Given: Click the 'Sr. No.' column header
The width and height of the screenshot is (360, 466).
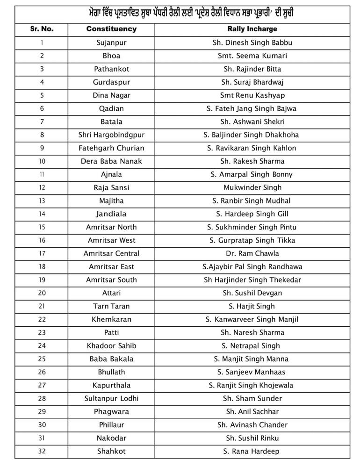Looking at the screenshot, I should click(42, 29).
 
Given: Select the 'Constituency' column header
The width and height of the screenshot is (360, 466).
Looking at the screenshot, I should click(111, 29).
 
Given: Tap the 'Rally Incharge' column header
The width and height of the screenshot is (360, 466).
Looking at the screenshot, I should click(252, 29).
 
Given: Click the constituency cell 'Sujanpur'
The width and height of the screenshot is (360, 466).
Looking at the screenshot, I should click(111, 43).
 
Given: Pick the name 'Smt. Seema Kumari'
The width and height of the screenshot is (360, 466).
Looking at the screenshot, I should click(252, 56).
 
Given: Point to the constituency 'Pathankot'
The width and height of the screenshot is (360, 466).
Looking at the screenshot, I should click(111, 69).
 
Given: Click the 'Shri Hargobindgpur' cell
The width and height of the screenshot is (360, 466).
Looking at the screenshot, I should click(111, 135).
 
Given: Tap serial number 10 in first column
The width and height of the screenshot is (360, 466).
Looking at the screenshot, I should click(42, 161).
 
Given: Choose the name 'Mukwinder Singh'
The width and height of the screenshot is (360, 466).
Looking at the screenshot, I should click(252, 187).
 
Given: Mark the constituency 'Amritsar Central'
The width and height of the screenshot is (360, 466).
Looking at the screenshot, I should click(111, 253).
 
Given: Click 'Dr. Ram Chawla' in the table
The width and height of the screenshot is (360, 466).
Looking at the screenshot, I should click(252, 253).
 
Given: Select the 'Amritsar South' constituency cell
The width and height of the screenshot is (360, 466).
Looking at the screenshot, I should click(111, 280).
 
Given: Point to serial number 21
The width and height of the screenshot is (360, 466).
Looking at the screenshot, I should click(42, 306).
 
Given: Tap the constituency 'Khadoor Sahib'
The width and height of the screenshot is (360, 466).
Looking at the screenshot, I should click(111, 346).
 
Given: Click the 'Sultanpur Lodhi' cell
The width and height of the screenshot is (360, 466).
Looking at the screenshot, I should click(111, 399).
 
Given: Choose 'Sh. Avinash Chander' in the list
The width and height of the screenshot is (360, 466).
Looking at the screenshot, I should click(252, 425).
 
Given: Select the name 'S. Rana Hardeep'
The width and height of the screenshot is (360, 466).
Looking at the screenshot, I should click(252, 452).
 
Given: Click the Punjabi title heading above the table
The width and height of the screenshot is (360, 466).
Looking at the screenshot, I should click(187, 13).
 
